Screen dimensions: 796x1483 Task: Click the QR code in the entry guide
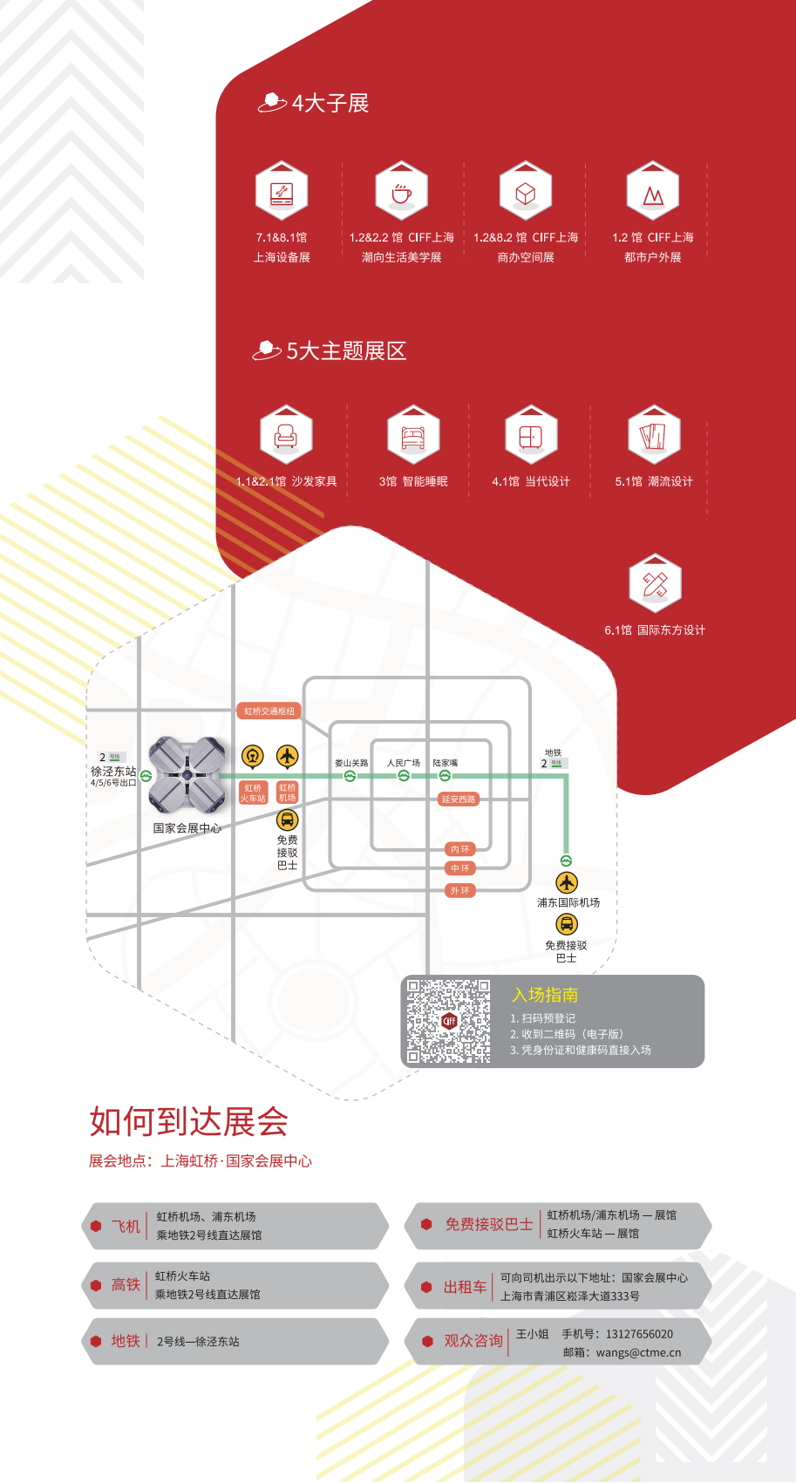[449, 1021]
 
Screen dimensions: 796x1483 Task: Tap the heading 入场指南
[545, 995]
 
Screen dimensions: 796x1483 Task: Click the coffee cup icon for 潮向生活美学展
[401, 192]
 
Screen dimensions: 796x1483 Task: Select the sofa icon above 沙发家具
[286, 435]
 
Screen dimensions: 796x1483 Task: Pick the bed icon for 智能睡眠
[413, 435]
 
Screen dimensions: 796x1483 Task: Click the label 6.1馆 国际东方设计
[655, 630]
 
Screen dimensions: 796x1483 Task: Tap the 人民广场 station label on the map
[404, 763]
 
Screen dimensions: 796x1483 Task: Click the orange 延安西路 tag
[459, 799]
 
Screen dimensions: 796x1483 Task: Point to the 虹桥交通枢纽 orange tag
[269, 711]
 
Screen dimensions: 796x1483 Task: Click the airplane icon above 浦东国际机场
[567, 882]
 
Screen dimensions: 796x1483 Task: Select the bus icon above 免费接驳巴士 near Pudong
[567, 924]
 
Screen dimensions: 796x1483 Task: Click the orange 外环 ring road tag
[459, 891]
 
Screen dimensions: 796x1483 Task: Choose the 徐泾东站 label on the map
[113, 772]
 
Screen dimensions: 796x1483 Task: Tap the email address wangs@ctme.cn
[638, 1353]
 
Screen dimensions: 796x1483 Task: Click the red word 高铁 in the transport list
[126, 1285]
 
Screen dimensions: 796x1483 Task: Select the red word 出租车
[465, 1287]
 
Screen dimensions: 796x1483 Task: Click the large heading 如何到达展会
[188, 1122]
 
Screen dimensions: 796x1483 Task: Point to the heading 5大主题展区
[346, 351]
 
